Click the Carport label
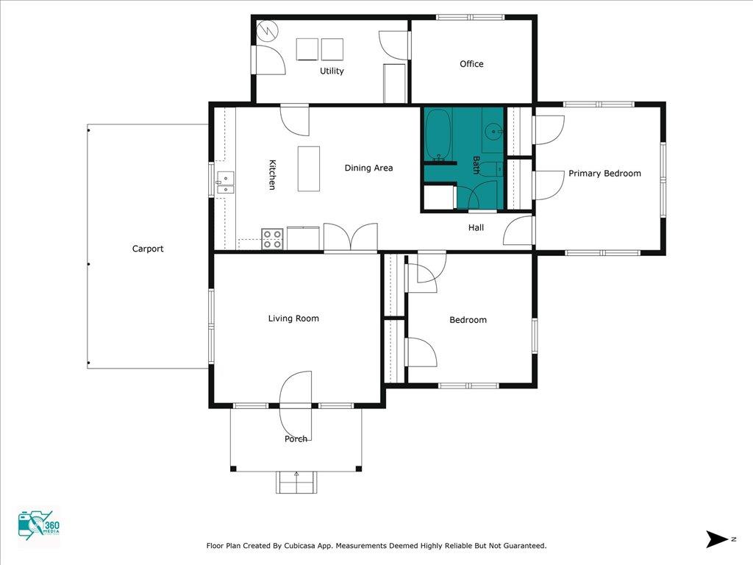tap(148, 249)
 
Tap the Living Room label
tap(293, 319)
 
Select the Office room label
tap(471, 64)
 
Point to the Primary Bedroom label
tap(604, 174)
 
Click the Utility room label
tap(332, 71)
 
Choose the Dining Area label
tap(368, 168)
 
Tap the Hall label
tap(476, 228)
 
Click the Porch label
tap(296, 439)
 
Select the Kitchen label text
tap(271, 175)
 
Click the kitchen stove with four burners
tap(273, 238)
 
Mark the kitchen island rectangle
tap(309, 168)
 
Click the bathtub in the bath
tap(438, 135)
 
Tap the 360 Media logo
tap(38, 527)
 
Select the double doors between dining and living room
tap(351, 238)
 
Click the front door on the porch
tap(296, 405)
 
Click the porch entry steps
tap(296, 482)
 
